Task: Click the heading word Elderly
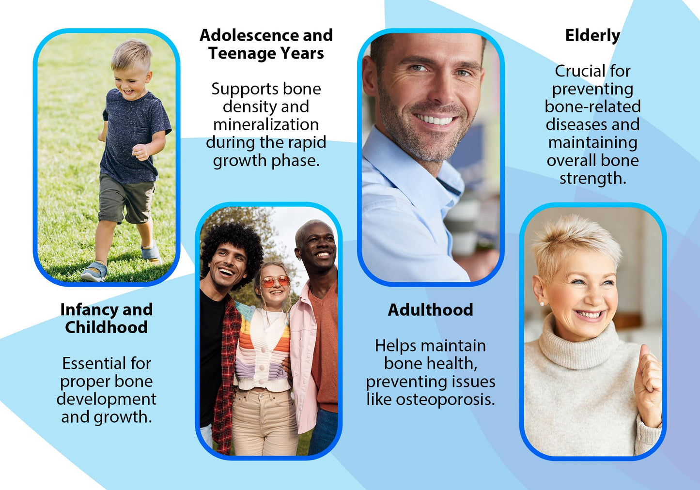pos(592,36)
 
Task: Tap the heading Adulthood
pos(430,310)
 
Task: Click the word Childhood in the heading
pos(106,327)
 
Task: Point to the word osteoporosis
pos(446,399)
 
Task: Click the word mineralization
pos(266,124)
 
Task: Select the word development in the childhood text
pos(106,399)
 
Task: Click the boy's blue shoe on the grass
pos(94,272)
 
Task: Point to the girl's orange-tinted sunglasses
pos(275,281)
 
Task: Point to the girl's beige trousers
pos(264,422)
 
